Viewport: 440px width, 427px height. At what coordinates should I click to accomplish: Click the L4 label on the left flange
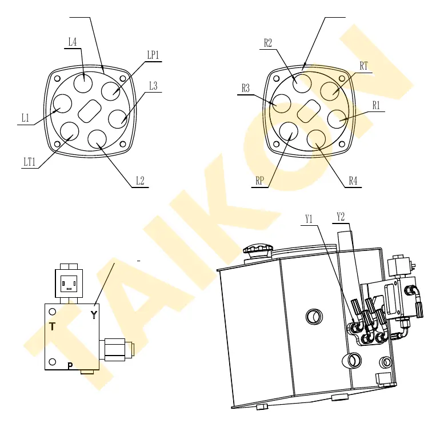pyautogui.click(x=73, y=42)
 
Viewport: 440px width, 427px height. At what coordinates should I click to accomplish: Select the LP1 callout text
pyautogui.click(x=153, y=55)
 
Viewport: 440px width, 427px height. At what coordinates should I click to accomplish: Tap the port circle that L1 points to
pyautogui.click(x=62, y=103)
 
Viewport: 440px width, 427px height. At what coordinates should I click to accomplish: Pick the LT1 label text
pyautogui.click(x=30, y=162)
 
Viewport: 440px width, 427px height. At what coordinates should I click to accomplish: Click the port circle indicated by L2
pyautogui.click(x=97, y=139)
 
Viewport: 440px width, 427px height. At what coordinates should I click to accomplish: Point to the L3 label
pyautogui.click(x=153, y=86)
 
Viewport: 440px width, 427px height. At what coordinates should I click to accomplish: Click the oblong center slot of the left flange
pyautogui.click(x=90, y=111)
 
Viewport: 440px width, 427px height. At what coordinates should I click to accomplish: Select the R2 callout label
pyautogui.click(x=268, y=43)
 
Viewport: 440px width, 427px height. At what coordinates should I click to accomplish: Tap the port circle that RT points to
pyautogui.click(x=330, y=91)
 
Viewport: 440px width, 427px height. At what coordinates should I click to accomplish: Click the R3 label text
pyautogui.click(x=246, y=88)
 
